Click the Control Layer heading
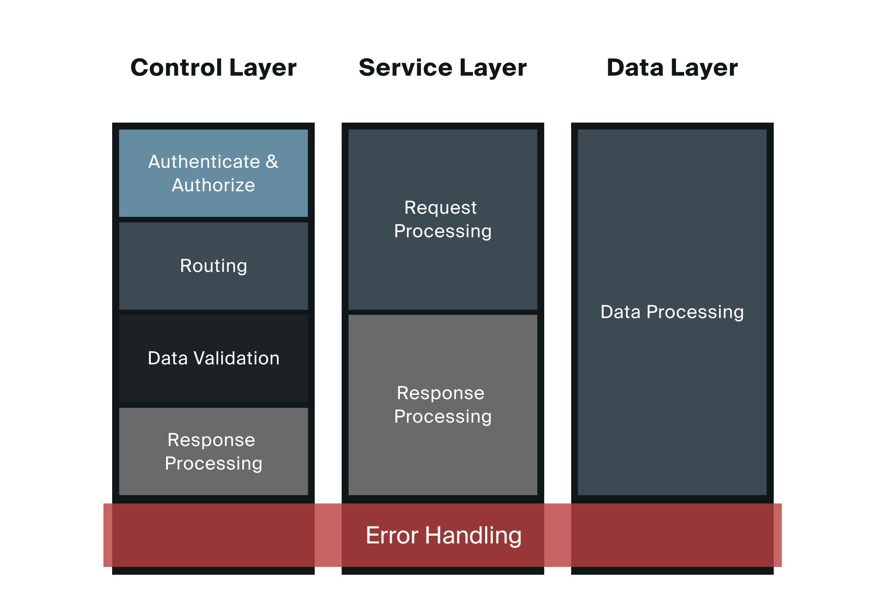point(213,68)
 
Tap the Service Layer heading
point(442,68)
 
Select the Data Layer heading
point(672,68)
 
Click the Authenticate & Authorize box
point(213,173)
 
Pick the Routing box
point(213,266)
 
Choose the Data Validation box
point(213,358)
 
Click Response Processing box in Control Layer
point(213,451)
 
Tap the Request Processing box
point(442,219)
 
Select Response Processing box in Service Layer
point(442,405)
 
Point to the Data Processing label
point(672,312)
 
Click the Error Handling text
point(443,535)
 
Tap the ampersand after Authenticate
point(272,162)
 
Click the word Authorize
point(213,185)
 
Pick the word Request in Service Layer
point(440,207)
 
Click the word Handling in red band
point(473,535)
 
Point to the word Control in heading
point(176,68)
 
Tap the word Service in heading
point(405,68)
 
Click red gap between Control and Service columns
point(328,535)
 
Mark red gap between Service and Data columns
point(557,535)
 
